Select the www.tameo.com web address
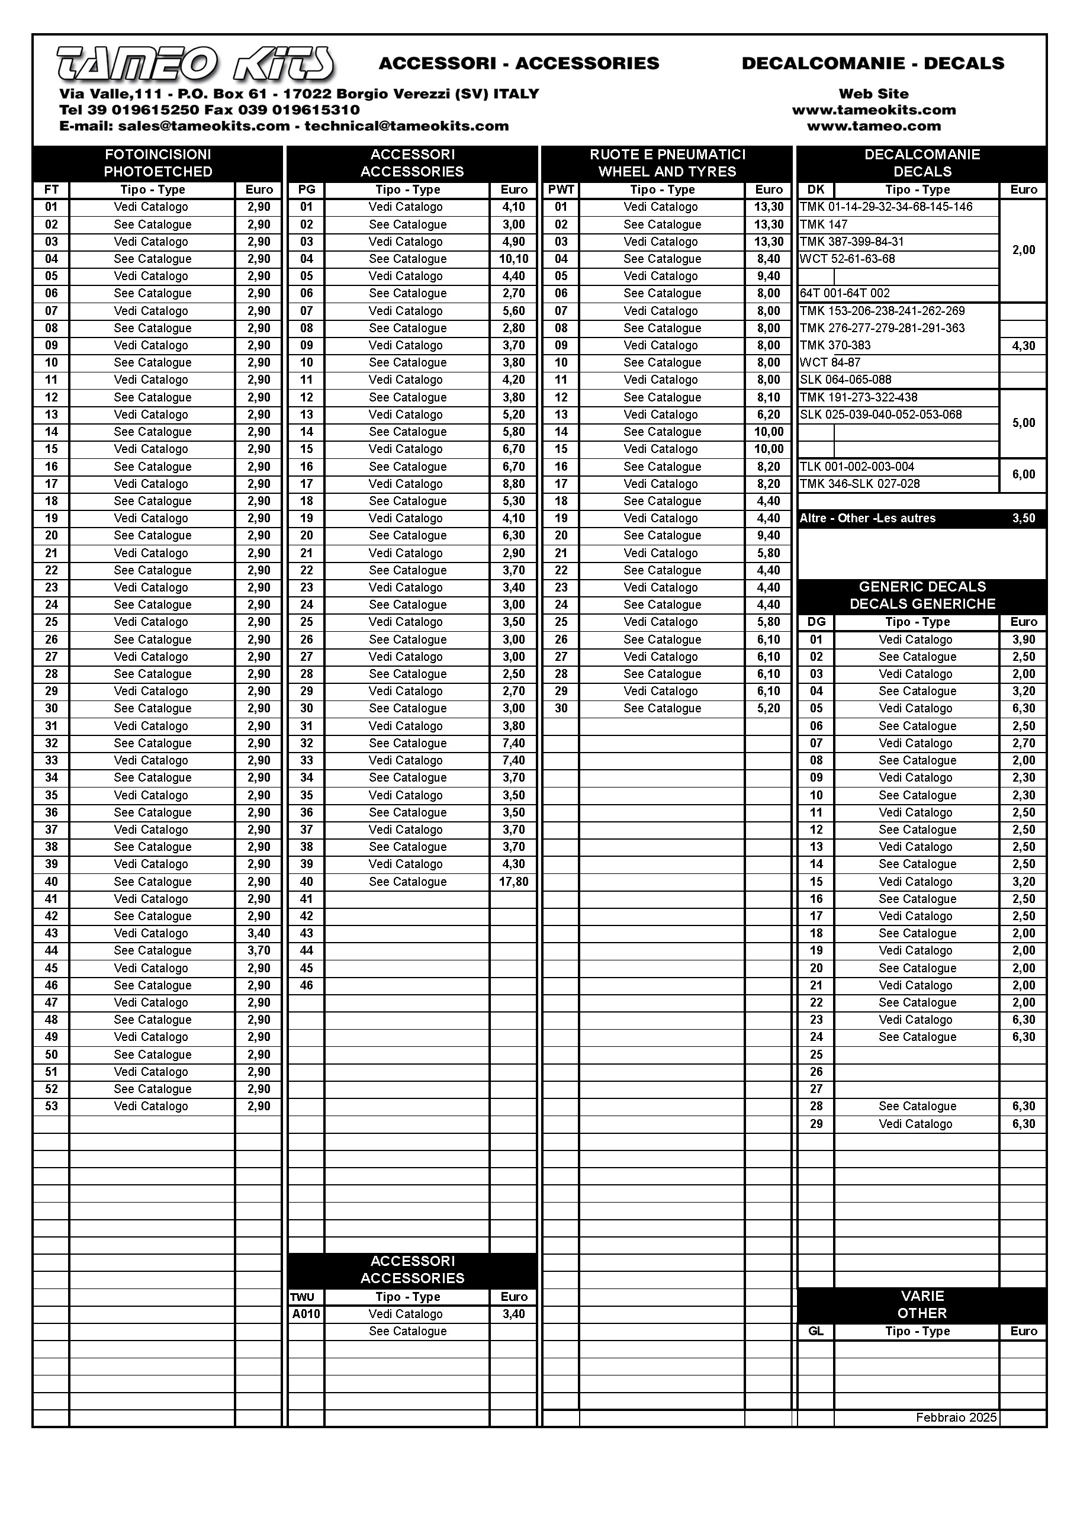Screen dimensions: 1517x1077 (873, 126)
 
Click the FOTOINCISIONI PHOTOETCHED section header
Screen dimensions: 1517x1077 (158, 163)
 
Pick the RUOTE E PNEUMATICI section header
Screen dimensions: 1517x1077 (667, 163)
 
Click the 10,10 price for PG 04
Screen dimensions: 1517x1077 (513, 259)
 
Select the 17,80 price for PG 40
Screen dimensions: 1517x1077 (513, 882)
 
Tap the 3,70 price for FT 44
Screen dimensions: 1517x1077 (259, 951)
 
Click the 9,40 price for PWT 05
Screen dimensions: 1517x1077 (769, 277)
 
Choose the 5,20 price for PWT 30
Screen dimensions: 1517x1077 (769, 709)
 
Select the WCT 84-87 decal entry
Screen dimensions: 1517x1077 (830, 363)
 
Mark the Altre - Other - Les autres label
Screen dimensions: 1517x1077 (867, 519)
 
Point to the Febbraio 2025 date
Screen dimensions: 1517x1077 (956, 1418)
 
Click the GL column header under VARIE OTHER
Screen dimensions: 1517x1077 (816, 1331)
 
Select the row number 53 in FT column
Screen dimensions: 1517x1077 (52, 1107)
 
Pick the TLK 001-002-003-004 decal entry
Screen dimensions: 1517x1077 (857, 467)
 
